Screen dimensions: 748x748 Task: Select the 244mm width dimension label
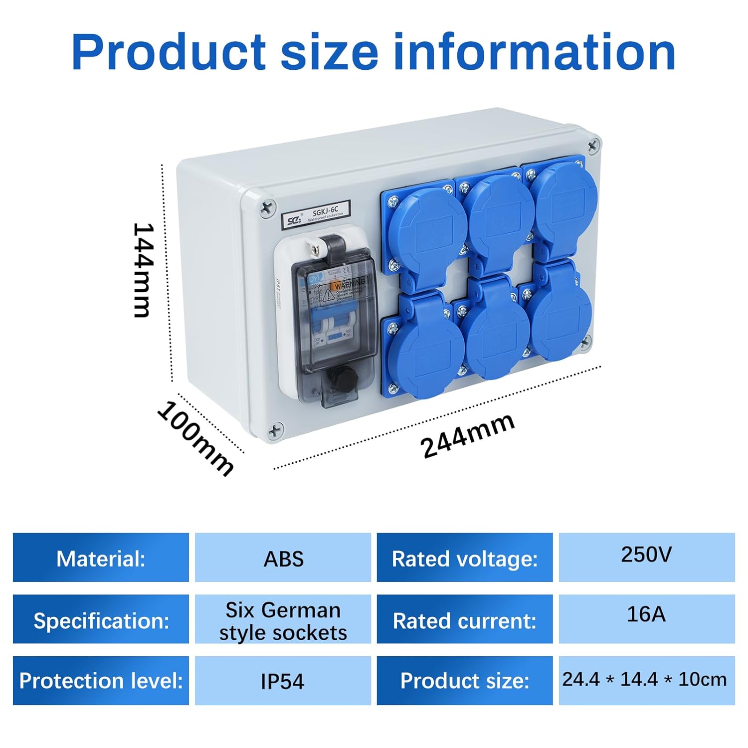pyautogui.click(x=467, y=435)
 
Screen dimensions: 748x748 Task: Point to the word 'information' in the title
pyautogui.click(x=534, y=52)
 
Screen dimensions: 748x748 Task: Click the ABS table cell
pyautogui.click(x=283, y=558)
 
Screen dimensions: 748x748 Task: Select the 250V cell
pyautogui.click(x=646, y=557)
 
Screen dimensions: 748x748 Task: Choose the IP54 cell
pyautogui.click(x=283, y=681)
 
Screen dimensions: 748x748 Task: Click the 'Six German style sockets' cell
pyautogui.click(x=283, y=620)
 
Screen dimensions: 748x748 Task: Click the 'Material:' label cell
pyautogui.click(x=101, y=558)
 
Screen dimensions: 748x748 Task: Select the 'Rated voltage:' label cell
pyautogui.click(x=465, y=558)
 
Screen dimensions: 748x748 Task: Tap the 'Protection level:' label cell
pyautogui.click(x=101, y=681)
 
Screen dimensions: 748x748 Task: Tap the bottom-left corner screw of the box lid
pyautogui.click(x=275, y=430)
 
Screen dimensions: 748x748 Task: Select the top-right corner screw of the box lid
pyautogui.click(x=593, y=146)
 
